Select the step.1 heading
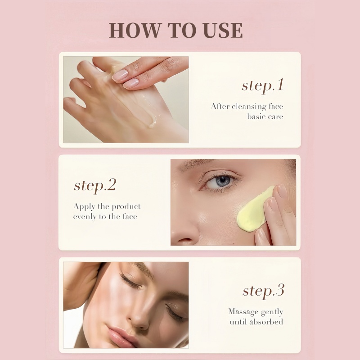tap(262, 85)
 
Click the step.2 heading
tap(95, 185)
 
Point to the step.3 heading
tap(263, 290)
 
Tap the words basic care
tap(265, 117)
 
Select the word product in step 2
tap(126, 207)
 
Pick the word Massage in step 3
tap(243, 311)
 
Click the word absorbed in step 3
tap(266, 322)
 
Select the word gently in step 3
tap(271, 311)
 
